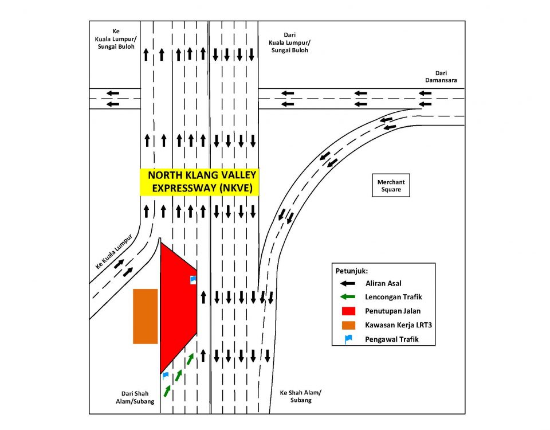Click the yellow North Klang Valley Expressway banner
[199, 182]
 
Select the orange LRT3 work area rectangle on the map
[145, 316]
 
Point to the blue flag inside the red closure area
[193, 279]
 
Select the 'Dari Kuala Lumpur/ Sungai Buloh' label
[289, 42]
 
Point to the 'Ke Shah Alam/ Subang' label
[300, 396]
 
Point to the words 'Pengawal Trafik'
[392, 340]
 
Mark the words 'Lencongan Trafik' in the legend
[393, 297]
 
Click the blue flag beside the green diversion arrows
[166, 376]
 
